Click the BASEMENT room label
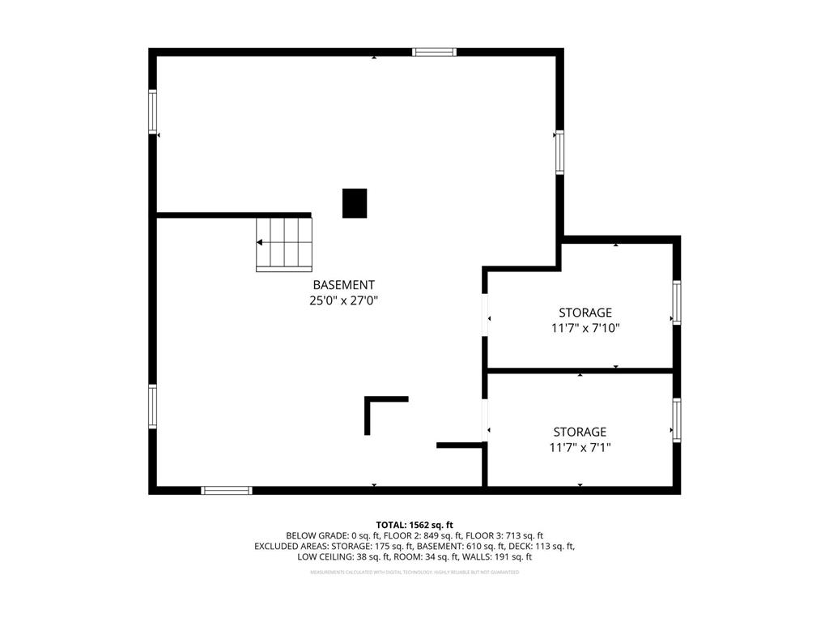click(x=344, y=285)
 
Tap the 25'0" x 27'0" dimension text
click(x=344, y=300)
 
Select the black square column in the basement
click(x=355, y=202)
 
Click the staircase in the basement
click(x=284, y=243)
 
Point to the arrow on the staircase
click(x=260, y=242)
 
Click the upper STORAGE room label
click(x=585, y=313)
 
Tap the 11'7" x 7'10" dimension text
click(x=585, y=328)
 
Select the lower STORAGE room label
click(x=580, y=432)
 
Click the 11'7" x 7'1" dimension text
click(x=580, y=447)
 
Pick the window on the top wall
click(x=434, y=53)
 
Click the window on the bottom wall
click(x=227, y=490)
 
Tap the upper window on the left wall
click(x=152, y=112)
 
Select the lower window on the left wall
click(x=152, y=406)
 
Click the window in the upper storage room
click(x=677, y=302)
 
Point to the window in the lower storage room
click(x=677, y=420)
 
